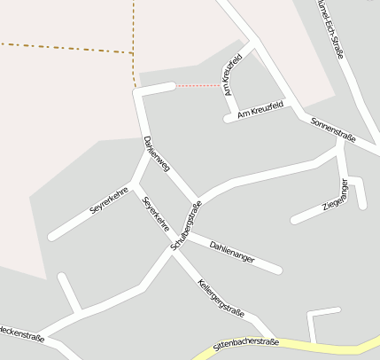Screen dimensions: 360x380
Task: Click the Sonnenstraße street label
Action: [x=333, y=129]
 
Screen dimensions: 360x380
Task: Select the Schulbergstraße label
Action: [x=186, y=225]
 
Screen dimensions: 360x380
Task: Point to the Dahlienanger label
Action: [x=232, y=251]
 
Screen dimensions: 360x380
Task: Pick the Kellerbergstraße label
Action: [x=221, y=299]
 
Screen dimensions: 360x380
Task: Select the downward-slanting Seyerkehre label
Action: [x=156, y=214]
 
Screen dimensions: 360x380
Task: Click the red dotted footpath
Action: [x=198, y=86]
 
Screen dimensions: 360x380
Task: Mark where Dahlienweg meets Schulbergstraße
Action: [x=196, y=200]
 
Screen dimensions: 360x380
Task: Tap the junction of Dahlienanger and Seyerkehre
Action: [x=183, y=235]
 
